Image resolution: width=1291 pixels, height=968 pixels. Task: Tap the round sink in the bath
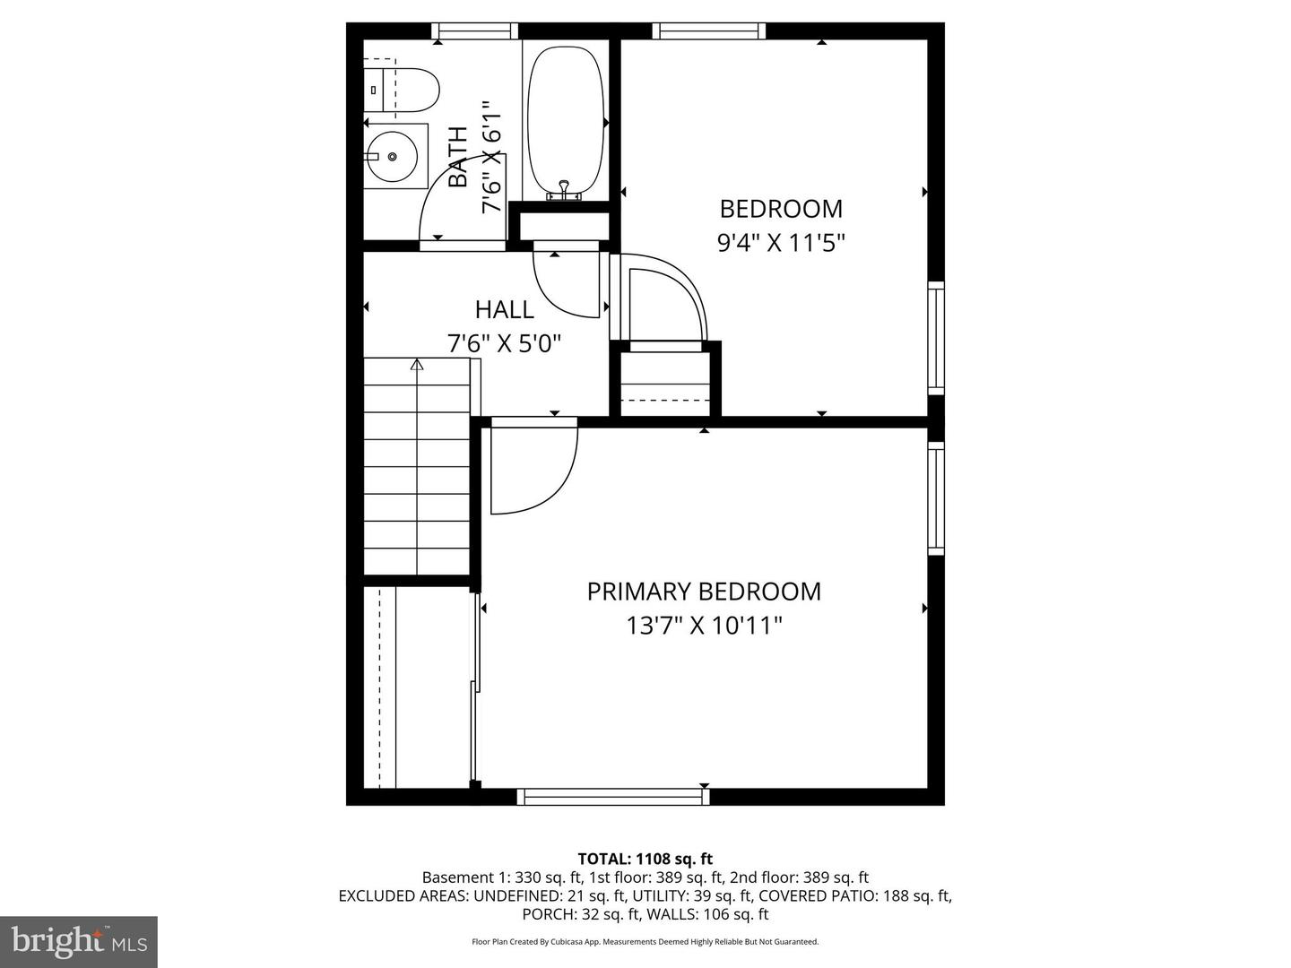pos(393,157)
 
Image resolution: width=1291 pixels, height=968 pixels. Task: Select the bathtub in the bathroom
pos(567,121)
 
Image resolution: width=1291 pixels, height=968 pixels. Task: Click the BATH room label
pos(458,157)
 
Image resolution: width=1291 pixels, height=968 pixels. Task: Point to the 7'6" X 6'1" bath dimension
pos(490,157)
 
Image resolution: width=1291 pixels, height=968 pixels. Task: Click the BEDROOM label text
pos(781,209)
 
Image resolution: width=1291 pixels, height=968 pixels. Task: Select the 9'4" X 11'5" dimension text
pos(781,243)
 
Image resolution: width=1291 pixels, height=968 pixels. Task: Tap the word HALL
pos(504,310)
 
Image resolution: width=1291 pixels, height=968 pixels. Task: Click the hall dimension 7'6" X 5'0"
pos(504,343)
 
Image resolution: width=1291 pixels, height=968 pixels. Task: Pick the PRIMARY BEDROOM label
pos(704,592)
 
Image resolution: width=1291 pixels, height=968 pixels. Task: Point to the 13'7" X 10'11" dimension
pos(704,625)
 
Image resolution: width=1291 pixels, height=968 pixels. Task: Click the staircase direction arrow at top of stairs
pos(417,365)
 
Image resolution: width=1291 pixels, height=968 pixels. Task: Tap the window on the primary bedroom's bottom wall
pos(614,796)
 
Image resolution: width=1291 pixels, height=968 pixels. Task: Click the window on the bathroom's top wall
pos(476,31)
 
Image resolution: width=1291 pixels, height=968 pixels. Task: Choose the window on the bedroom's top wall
pos(709,31)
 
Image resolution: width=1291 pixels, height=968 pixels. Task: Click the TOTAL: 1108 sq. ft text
pos(645,859)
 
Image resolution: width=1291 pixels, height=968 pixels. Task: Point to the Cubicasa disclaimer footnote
pos(645,942)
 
